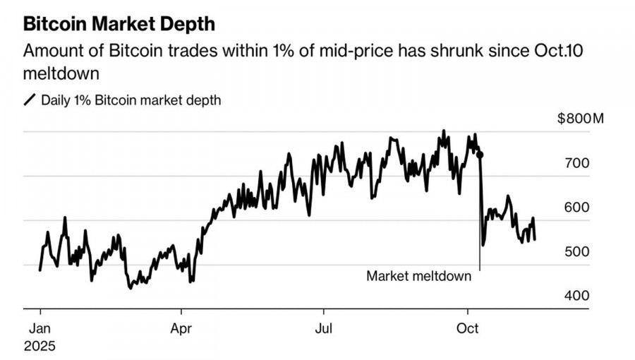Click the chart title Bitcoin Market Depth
point(119,23)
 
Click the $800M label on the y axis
point(581,118)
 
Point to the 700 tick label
point(576,163)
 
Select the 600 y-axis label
point(576,208)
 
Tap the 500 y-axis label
point(576,252)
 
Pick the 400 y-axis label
point(576,296)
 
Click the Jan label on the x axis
point(40,328)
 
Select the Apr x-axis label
point(181,328)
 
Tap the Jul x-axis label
point(323,328)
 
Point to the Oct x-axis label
point(468,328)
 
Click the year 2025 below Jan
point(40,347)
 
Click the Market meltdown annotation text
point(418,276)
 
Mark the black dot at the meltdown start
point(480,154)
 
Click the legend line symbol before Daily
point(30,100)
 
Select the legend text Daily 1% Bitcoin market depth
point(131,100)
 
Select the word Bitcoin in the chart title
point(56,23)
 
